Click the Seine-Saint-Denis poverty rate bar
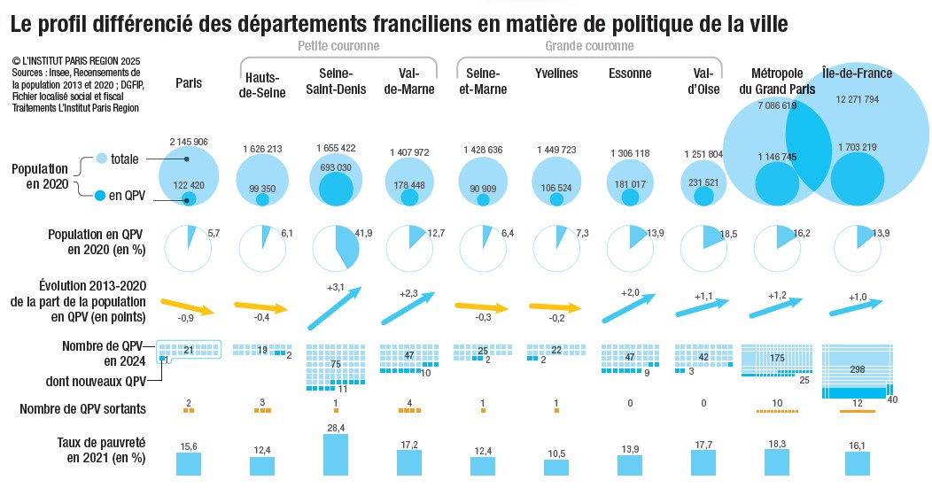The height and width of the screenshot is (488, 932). coord(336,454)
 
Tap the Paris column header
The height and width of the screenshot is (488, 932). coord(189,83)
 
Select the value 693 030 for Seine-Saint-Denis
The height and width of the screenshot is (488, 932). coord(336,168)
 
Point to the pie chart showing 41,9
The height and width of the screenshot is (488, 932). coord(336,246)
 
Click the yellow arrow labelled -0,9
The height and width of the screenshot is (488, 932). coord(190,305)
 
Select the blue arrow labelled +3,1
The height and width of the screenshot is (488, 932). coord(336,306)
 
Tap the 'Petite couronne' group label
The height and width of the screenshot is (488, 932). coord(338,46)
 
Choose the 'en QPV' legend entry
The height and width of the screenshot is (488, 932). coord(127,195)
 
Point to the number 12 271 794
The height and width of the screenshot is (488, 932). coord(858,99)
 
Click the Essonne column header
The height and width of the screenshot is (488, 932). coord(630,74)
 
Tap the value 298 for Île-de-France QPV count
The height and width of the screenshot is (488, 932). coord(856,368)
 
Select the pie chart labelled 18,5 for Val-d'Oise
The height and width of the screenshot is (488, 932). coord(703,246)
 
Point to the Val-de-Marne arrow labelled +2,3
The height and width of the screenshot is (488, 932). coord(409,307)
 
